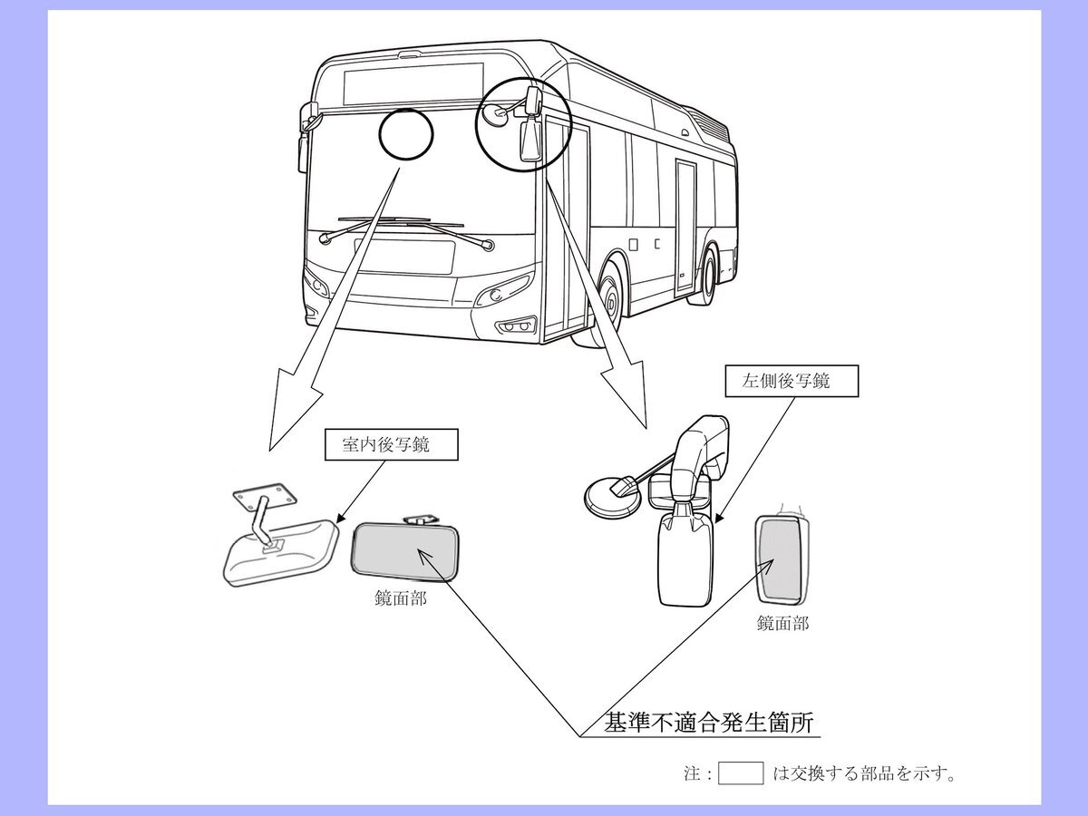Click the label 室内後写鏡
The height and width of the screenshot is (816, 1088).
point(386,444)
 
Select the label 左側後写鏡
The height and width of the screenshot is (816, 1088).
point(786,381)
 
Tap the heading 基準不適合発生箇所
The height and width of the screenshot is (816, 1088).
point(708,723)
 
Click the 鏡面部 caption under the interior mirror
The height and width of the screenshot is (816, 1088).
point(401,599)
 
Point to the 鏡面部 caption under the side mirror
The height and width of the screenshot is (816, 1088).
point(783,623)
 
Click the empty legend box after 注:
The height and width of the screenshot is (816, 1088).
point(741,773)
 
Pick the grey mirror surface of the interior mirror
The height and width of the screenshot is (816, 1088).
point(404,551)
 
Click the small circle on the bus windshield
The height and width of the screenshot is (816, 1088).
point(406,134)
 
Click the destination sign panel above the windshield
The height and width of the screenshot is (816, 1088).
point(413,83)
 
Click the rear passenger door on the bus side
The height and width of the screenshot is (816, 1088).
point(686,228)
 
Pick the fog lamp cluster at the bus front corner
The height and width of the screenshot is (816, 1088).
point(516,326)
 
